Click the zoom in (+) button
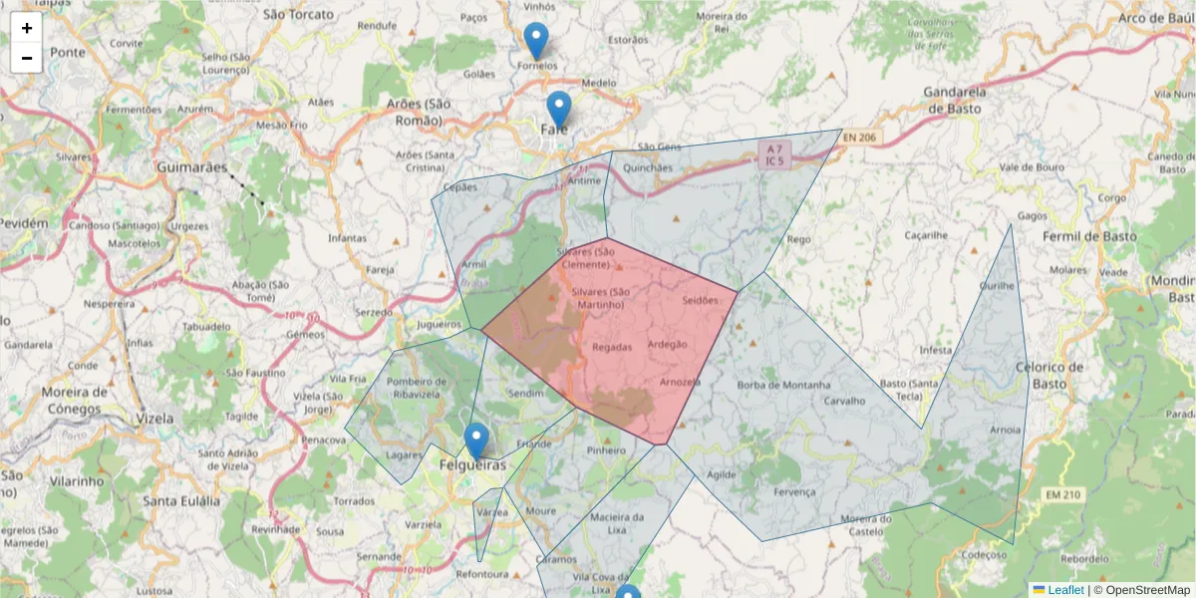coord(27,28)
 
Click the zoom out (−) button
coord(27,58)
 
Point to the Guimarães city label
coord(192,167)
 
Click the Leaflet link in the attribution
coord(1065,590)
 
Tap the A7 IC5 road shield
coord(774,153)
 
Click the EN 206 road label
coord(862,137)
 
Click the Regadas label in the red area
coord(612,348)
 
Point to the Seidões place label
coord(700,300)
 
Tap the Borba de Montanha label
coord(783,385)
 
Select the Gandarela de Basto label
coord(955,100)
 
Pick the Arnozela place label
coord(680,382)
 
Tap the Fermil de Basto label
coord(1089,237)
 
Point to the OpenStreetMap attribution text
coord(1147,590)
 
